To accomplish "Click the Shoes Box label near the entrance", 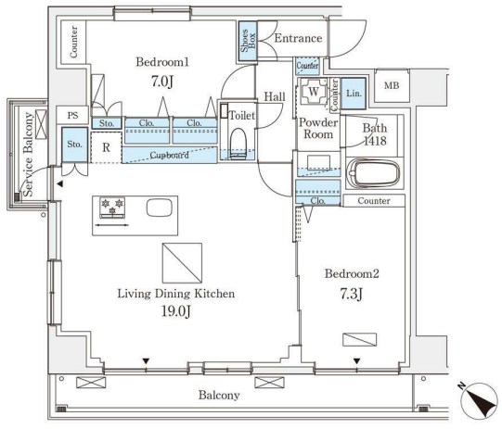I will [248, 43].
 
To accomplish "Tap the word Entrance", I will [297, 38].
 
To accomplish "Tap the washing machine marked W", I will [314, 93].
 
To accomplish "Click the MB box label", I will [393, 86].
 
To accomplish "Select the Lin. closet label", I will [354, 93].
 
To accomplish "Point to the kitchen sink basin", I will [159, 207].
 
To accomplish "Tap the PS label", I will [73, 115].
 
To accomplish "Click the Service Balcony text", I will [28, 154].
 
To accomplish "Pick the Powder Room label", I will [317, 127].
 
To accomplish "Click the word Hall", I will [274, 96].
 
